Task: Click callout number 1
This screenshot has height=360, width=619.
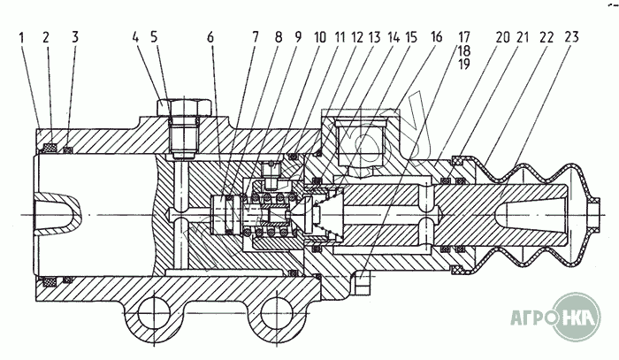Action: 20,38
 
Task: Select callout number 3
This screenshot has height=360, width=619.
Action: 75,38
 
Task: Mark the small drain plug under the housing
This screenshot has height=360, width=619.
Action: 363,287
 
